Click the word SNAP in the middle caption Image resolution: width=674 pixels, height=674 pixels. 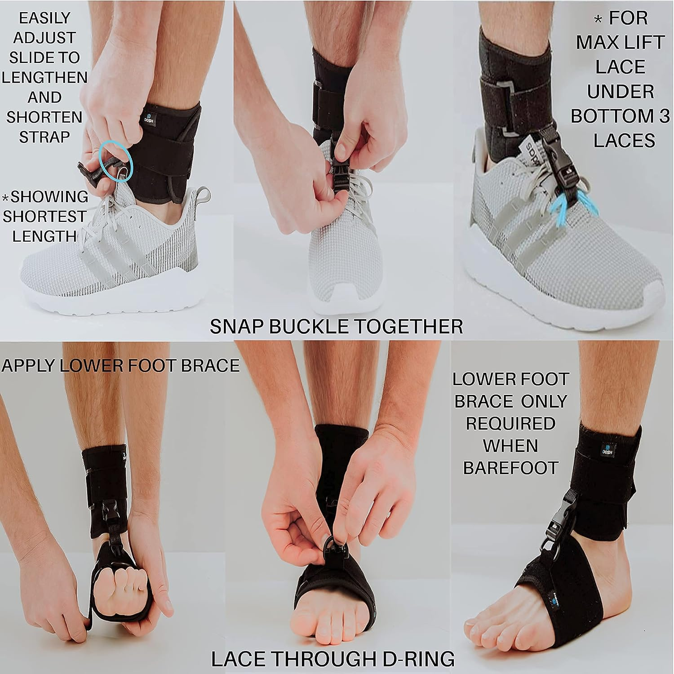[238, 327]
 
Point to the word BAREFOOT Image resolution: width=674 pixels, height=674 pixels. [510, 468]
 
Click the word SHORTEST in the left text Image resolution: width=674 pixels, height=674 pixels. [44, 217]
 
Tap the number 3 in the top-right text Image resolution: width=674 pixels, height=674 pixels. [660, 116]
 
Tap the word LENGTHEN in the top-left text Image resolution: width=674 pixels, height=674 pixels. [44, 77]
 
